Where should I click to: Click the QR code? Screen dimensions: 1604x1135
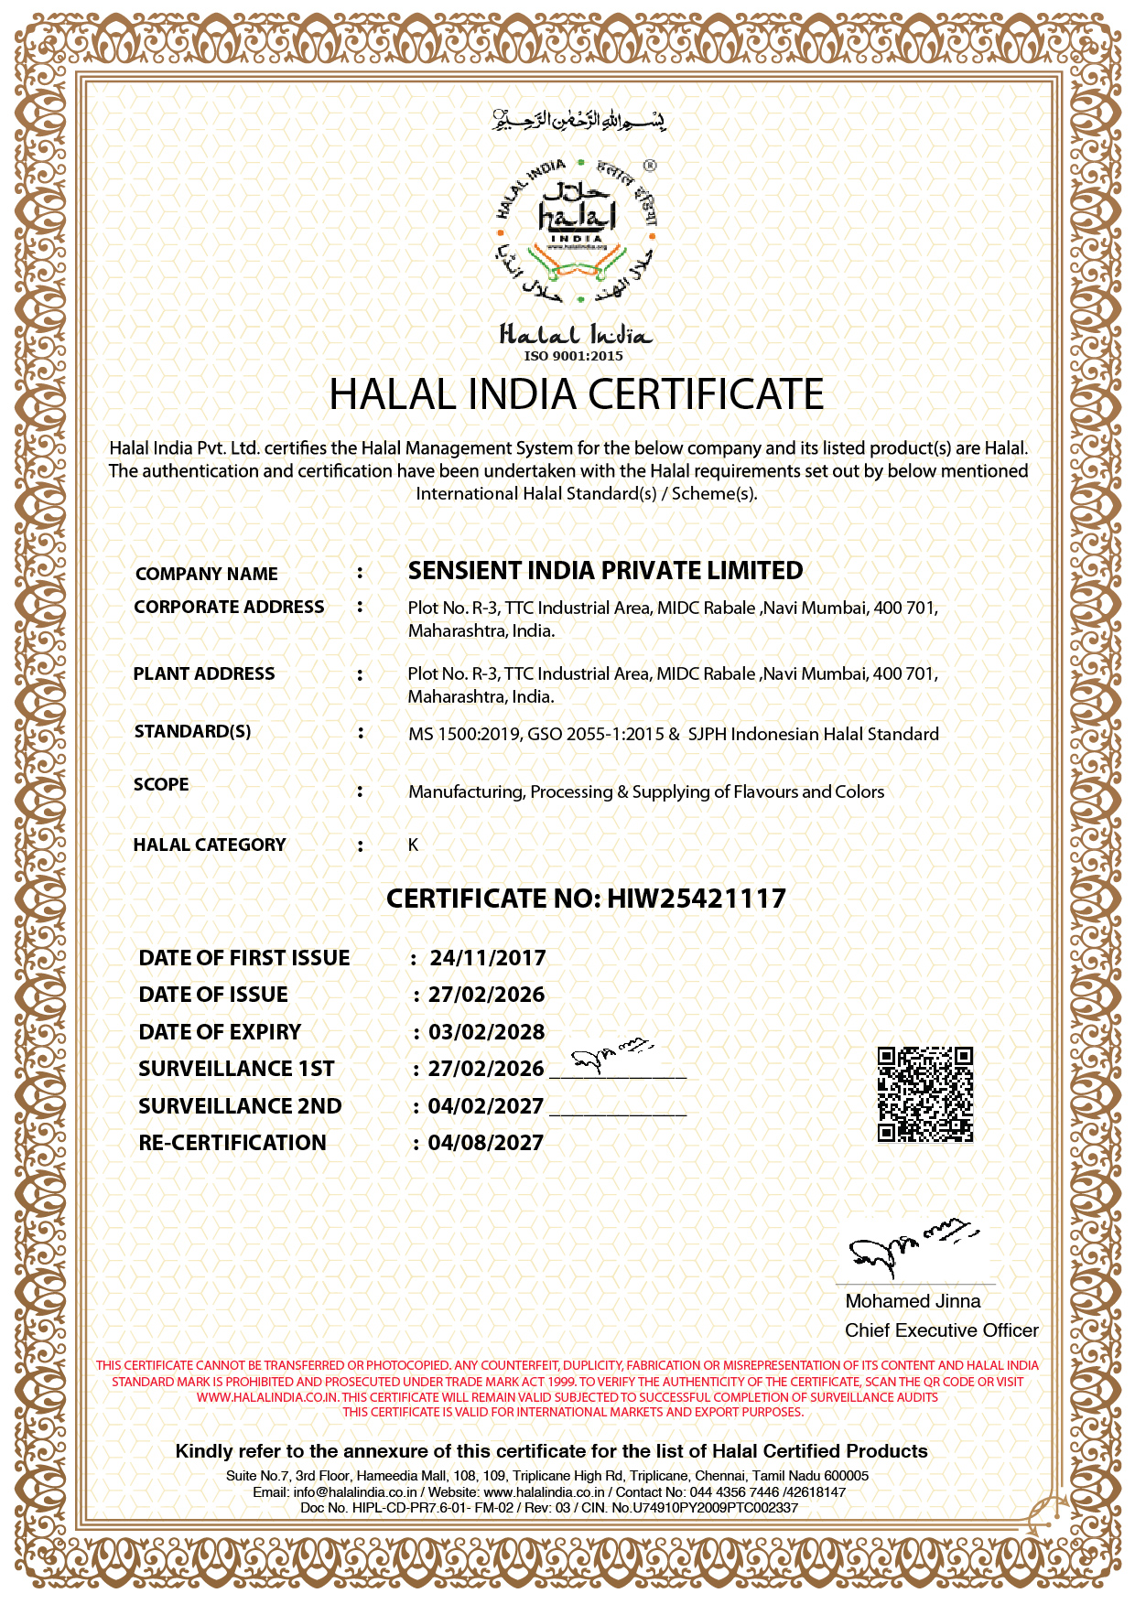click(924, 1094)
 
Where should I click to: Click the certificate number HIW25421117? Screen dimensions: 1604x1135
click(697, 899)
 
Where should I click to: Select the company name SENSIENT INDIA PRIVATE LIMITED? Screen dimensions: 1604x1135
click(605, 571)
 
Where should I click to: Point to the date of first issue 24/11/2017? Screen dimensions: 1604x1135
click(488, 958)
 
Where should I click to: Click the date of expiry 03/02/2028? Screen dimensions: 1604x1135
click(486, 1032)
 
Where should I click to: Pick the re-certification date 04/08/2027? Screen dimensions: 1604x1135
click(485, 1143)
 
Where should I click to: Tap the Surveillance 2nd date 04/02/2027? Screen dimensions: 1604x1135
click(485, 1106)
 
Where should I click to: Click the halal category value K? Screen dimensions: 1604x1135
click(413, 845)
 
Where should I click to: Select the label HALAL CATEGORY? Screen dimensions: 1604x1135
click(210, 845)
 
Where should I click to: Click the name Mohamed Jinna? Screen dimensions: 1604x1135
click(913, 1301)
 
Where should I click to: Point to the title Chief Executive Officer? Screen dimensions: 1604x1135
click(941, 1330)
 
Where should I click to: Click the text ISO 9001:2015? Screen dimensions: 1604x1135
click(573, 356)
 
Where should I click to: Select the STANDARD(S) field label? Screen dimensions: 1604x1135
click(192, 731)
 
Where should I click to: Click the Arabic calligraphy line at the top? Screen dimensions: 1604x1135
click(578, 120)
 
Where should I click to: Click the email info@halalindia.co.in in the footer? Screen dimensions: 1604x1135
click(355, 1491)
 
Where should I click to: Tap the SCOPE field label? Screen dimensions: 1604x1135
click(161, 784)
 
